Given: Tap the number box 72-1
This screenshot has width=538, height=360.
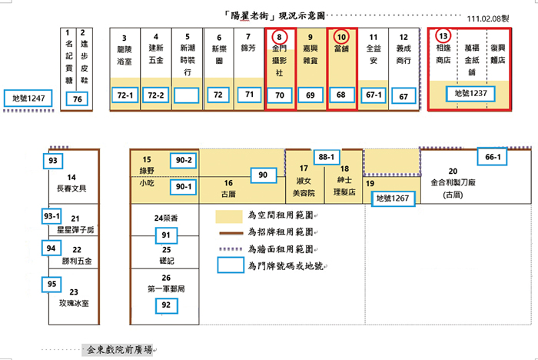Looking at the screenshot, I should pyautogui.click(x=125, y=95).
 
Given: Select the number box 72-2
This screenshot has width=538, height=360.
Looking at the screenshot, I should pyautogui.click(x=155, y=95).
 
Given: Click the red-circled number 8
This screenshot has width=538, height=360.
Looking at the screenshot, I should pyautogui.click(x=280, y=36).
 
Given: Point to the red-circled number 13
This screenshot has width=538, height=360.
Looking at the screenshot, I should pyautogui.click(x=442, y=36).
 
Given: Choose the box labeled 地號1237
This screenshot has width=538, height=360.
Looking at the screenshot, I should pyautogui.click(x=471, y=93).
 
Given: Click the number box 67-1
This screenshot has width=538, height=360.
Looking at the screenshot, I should pyautogui.click(x=374, y=95).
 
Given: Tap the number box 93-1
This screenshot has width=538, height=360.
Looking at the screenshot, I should pyautogui.click(x=52, y=217).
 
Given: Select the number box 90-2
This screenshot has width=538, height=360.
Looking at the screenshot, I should pyautogui.click(x=184, y=159).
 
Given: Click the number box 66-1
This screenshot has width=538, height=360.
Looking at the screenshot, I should pyautogui.click(x=493, y=158).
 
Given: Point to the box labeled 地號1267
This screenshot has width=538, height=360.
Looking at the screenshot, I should pyautogui.click(x=395, y=198).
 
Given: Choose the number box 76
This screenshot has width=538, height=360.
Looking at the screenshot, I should pyautogui.click(x=76, y=98).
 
